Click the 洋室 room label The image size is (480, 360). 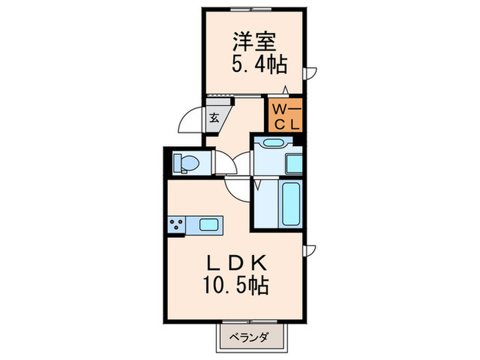pos(253,41)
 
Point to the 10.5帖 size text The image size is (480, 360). pos(234,285)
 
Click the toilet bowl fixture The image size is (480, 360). pos(185,163)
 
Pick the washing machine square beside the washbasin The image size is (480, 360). pos(293,164)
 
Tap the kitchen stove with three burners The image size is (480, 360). pos(176,224)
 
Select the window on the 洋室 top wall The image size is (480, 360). pos(253,8)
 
